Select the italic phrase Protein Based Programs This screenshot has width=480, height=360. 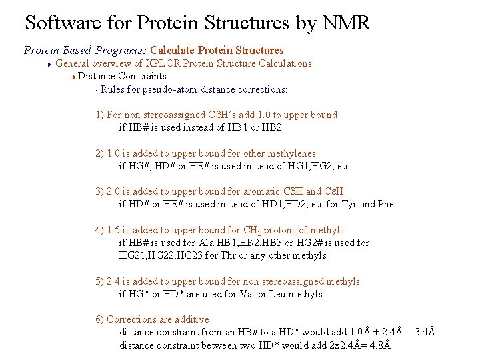[85, 50]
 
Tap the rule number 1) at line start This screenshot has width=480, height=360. [99, 115]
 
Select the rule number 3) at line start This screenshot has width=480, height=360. [99, 191]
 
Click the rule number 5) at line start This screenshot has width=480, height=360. [99, 281]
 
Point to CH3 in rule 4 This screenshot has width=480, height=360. [252, 231]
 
